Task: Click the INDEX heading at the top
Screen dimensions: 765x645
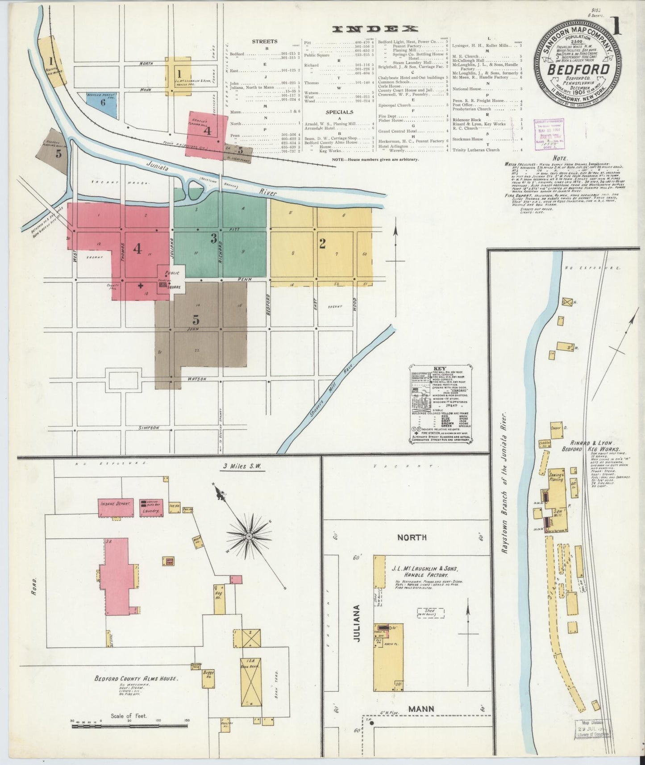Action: point(375,29)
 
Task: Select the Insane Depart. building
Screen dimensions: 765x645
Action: point(117,507)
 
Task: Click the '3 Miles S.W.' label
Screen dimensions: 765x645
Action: point(243,467)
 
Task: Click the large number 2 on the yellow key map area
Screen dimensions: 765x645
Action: point(322,243)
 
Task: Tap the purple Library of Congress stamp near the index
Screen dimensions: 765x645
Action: point(549,134)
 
